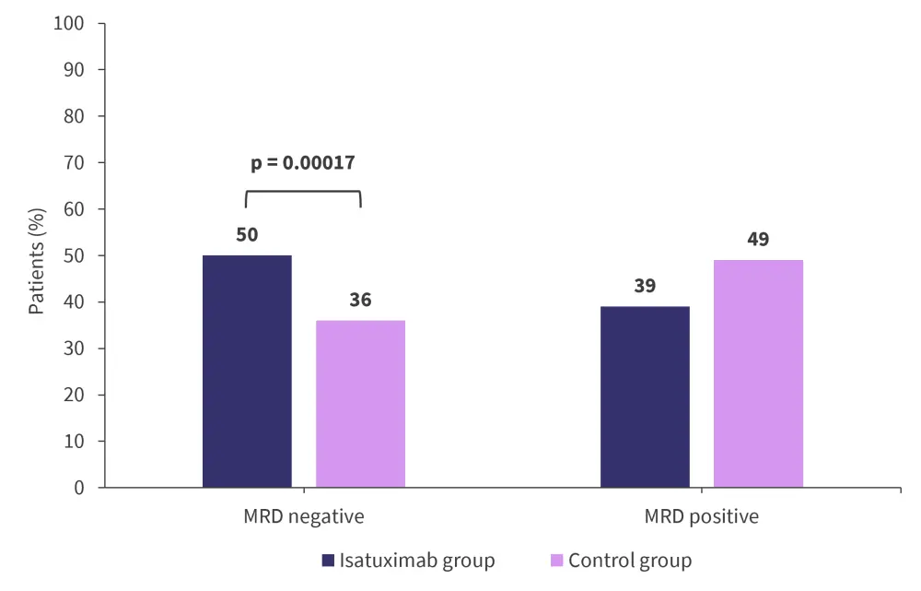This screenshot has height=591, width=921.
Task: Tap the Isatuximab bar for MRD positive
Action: point(645,396)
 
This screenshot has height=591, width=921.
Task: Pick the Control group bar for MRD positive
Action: point(758,373)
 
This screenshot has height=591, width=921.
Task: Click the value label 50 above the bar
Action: point(247,235)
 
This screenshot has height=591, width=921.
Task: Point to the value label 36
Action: point(360,300)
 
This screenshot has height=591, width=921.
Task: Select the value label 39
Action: point(645,286)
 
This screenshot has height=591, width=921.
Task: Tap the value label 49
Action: point(758,240)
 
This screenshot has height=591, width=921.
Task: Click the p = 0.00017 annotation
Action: point(303,163)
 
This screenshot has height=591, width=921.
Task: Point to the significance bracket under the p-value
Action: point(303,192)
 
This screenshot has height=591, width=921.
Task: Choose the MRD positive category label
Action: point(702,516)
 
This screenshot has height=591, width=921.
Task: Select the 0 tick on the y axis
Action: point(78,488)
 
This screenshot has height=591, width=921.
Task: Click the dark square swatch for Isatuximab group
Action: point(327,561)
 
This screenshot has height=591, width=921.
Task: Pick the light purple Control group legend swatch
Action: point(556,561)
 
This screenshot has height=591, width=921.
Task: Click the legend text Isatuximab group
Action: point(417,561)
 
